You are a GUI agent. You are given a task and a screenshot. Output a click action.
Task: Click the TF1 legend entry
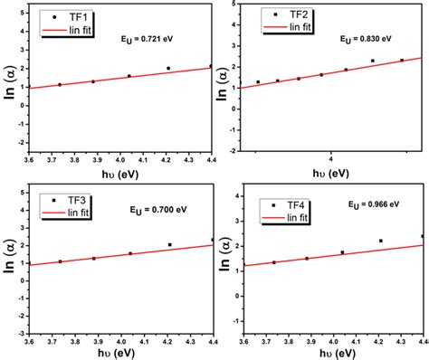(x=78, y=17)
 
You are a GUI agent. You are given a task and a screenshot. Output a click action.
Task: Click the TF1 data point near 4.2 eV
(x=168, y=69)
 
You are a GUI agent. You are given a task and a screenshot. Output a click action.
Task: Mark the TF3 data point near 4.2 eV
(x=169, y=245)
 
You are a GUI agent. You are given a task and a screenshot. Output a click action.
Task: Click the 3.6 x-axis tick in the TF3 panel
(x=30, y=342)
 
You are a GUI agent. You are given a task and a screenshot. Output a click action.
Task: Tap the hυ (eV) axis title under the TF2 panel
(x=332, y=173)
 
